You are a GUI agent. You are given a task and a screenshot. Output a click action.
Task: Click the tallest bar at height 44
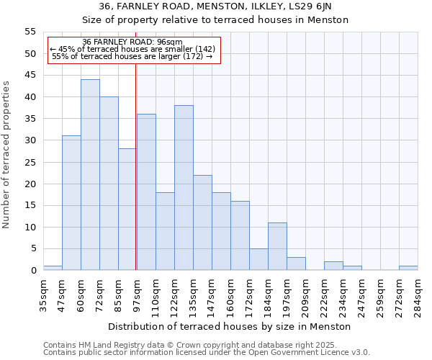coord(90,175)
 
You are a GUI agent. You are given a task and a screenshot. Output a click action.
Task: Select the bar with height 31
coord(71,203)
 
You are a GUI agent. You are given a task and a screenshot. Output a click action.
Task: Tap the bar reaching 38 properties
coord(184,188)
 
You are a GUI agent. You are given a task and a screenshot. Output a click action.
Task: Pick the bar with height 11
coord(277,246)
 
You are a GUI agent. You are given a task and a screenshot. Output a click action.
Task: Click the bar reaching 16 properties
coord(240,235)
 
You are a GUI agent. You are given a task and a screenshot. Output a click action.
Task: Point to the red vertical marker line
coord(136,166)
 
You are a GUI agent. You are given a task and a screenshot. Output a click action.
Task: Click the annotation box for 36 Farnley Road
coord(133,50)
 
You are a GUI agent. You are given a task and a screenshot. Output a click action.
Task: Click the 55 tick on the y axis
coord(30,32)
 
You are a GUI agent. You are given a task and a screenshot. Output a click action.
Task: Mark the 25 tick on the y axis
coord(30,162)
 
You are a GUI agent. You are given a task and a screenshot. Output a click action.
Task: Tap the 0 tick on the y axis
coord(32,271)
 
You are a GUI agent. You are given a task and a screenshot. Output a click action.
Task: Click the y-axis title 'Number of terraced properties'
coord(6,154)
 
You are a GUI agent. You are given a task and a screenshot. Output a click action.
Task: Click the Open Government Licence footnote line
coord(207,352)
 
